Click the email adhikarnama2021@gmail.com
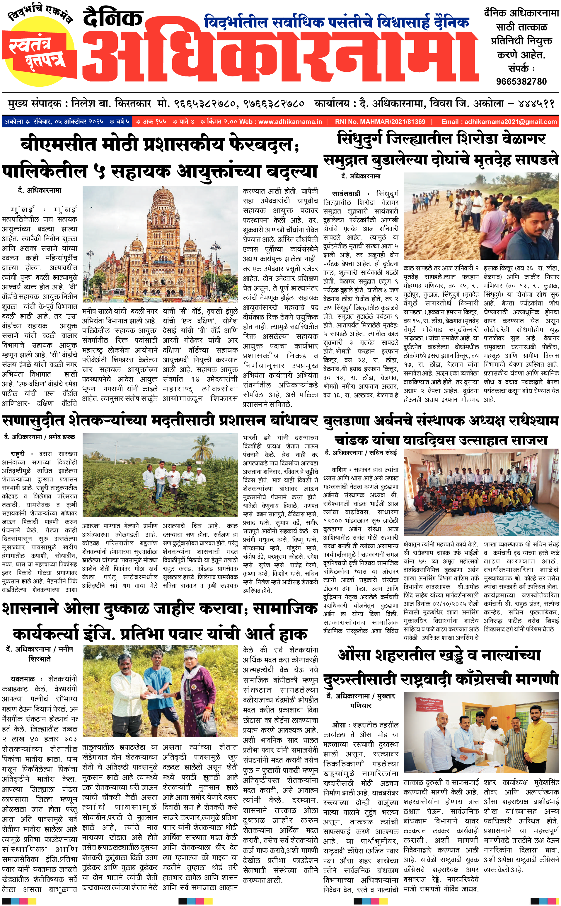point(511,122)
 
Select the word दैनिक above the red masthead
point(113,18)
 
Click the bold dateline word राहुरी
point(18,454)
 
